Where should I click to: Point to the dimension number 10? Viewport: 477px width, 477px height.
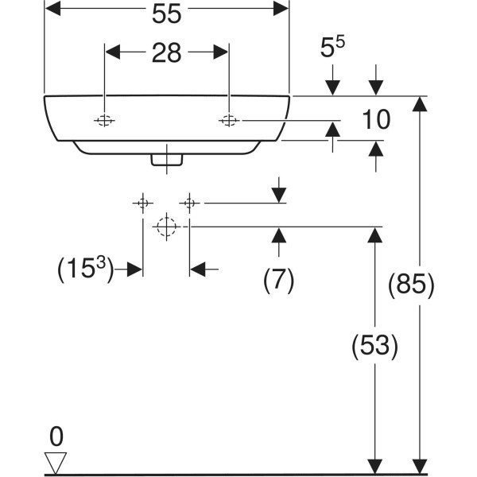click(375, 121)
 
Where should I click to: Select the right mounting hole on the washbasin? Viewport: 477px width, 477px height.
click(230, 121)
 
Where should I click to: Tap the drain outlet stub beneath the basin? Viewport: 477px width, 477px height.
click(167, 157)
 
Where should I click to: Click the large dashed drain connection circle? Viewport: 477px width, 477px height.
click(165, 227)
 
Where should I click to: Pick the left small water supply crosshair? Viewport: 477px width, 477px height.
click(142, 203)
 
